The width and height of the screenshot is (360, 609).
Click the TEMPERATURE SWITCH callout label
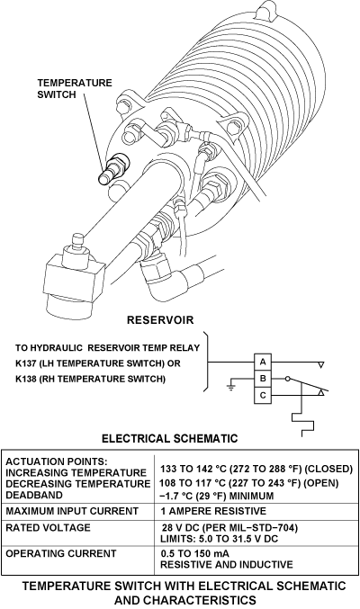(x=75, y=88)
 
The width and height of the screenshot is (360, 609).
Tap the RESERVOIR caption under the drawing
(x=160, y=320)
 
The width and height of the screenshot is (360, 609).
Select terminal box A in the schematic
(x=263, y=362)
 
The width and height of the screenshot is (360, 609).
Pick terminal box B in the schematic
(x=263, y=379)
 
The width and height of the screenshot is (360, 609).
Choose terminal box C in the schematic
(x=263, y=396)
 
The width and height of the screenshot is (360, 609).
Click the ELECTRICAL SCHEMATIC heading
(x=169, y=438)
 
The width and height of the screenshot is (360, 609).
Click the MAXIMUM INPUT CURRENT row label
(x=72, y=511)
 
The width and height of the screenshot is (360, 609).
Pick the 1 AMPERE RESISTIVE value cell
(x=213, y=511)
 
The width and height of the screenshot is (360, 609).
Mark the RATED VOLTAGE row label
(x=48, y=528)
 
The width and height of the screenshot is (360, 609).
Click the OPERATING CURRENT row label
(x=61, y=553)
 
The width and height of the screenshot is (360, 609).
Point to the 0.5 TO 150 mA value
(x=194, y=553)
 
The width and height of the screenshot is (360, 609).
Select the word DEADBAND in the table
(x=34, y=495)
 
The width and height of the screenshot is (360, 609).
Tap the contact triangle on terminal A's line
(x=320, y=365)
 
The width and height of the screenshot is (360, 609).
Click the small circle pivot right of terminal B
(x=287, y=379)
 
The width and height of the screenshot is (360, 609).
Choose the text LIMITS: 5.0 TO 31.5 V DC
(x=220, y=539)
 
